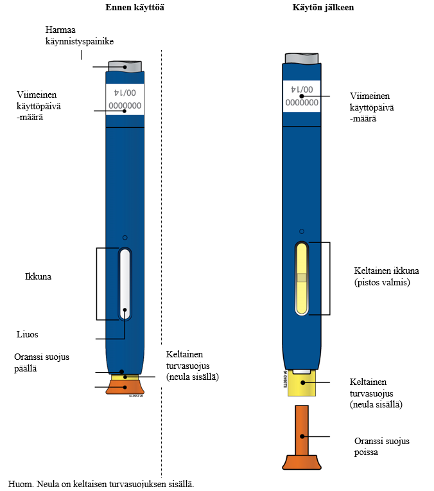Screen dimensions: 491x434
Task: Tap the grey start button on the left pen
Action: tap(125, 66)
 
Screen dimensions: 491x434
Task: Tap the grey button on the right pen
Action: tap(301, 57)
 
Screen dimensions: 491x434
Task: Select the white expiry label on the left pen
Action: tap(125, 98)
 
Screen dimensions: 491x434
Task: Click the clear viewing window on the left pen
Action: tap(125, 284)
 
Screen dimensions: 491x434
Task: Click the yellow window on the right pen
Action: tap(301, 278)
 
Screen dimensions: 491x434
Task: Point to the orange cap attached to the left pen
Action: tap(125, 387)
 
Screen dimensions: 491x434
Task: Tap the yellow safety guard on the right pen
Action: tap(301, 384)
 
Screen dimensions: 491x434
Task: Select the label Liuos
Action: tap(28, 334)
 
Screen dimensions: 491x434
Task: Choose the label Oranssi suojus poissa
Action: tap(382, 446)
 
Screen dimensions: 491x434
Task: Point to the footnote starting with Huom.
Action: tap(101, 483)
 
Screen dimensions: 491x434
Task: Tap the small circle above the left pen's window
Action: tap(125, 237)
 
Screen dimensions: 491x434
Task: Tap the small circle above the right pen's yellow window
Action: tap(301, 231)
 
